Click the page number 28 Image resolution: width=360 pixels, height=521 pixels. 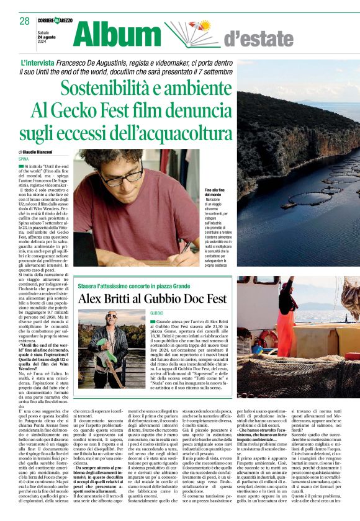pos(24,21)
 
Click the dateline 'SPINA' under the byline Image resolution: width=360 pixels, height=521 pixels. pos(24,159)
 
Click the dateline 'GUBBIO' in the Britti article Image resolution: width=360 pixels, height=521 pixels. pos(156,313)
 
